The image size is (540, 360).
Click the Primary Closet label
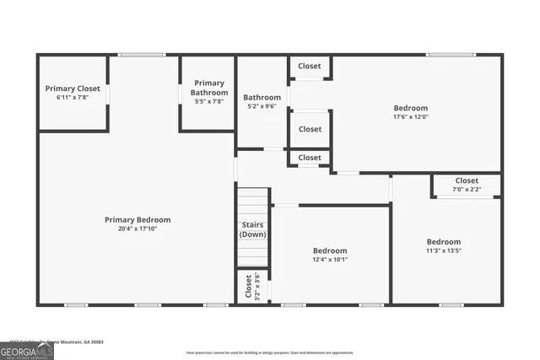(x=73, y=89)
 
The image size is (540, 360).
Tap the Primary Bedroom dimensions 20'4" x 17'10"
(x=138, y=228)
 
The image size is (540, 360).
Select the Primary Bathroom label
(x=208, y=88)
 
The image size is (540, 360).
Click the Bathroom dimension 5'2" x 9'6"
(x=262, y=107)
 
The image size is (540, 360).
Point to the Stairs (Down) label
(x=252, y=229)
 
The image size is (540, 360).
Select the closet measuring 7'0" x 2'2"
(x=467, y=185)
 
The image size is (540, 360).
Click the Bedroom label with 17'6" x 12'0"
(x=411, y=108)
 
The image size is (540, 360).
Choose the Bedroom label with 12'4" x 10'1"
(x=330, y=250)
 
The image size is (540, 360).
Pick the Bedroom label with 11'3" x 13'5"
(x=443, y=241)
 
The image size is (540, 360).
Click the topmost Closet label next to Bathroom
(x=310, y=66)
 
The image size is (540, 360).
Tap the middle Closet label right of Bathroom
(x=310, y=129)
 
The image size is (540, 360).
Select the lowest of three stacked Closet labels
(x=310, y=158)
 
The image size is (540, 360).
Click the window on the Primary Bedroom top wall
(x=142, y=56)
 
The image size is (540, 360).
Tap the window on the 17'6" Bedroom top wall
(x=444, y=56)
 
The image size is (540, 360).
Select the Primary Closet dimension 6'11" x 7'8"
(x=73, y=98)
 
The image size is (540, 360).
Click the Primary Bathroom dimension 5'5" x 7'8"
(x=208, y=102)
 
